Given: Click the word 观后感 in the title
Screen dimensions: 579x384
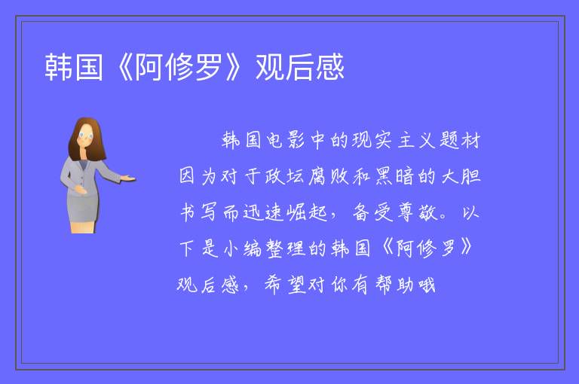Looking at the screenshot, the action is tap(299, 67).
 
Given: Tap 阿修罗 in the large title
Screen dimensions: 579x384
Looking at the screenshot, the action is tap(179, 67).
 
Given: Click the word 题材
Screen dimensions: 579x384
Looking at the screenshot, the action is tap(460, 140).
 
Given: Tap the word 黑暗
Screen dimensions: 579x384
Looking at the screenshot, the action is tap(394, 176).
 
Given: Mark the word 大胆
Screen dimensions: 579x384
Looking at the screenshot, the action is tap(461, 176).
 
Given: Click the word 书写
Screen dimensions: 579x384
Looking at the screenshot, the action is tap(198, 212).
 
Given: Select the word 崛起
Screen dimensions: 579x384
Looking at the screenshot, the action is tap(308, 212).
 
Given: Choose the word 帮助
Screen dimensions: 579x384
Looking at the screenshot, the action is tap(395, 285).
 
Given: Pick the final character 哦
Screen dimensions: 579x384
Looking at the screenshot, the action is tap(427, 285).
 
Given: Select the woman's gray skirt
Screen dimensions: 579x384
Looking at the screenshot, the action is tap(83, 209).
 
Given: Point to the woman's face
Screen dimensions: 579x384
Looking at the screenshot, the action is tap(86, 135).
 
